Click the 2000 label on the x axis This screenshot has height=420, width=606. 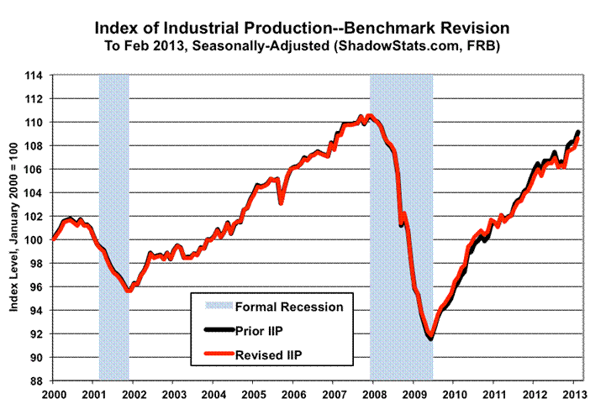click(53, 394)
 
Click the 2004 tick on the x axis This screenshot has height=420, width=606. click(213, 394)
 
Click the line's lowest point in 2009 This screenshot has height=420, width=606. click(430, 337)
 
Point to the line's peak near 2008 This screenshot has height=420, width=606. click(370, 116)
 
